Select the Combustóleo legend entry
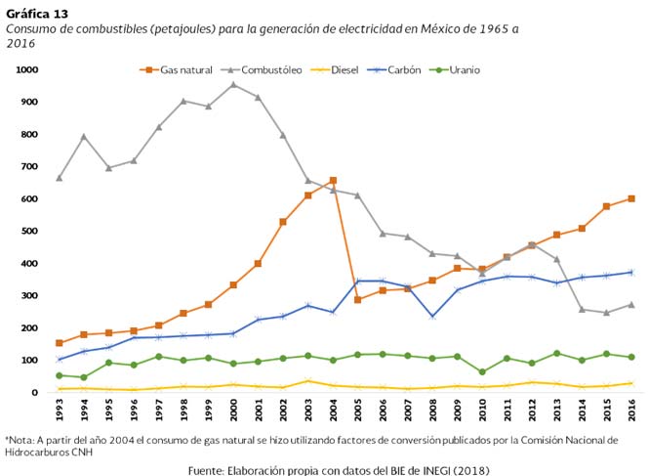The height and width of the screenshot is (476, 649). point(269,70)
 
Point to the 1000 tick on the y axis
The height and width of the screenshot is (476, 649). point(26,70)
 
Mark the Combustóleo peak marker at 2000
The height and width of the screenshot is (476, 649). point(233,84)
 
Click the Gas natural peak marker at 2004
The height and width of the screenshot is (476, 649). point(333,181)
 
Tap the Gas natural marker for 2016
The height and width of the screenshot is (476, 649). point(631,198)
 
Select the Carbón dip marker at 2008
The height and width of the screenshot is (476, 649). point(432,317)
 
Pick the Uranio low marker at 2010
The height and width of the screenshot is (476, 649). point(482,372)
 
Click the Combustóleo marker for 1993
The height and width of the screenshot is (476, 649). point(60,178)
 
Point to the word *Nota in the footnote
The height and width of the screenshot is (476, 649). point(21,440)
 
